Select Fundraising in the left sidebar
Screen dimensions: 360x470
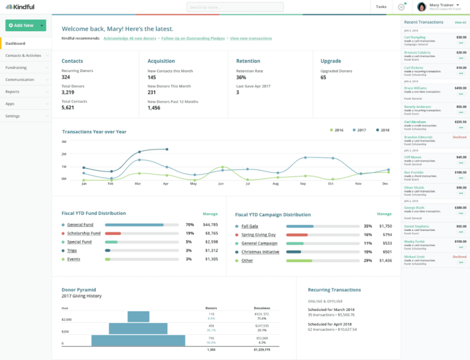16,67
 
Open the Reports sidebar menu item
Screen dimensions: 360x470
13,91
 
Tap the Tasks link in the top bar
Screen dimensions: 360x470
381,7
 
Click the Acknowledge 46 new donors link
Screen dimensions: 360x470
129,38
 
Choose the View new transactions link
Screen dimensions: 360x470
251,38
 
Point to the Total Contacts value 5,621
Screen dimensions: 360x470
68,107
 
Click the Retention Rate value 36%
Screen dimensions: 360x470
241,77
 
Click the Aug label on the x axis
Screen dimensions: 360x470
275,184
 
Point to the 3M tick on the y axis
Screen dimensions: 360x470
64,142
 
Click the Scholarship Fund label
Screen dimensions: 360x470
84,233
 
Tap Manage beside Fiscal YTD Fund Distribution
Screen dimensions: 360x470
210,214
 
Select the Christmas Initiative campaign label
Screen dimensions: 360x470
260,252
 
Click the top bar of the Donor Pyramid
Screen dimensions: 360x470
138,316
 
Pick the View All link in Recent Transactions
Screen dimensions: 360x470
460,22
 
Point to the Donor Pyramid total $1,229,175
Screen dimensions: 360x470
261,349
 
